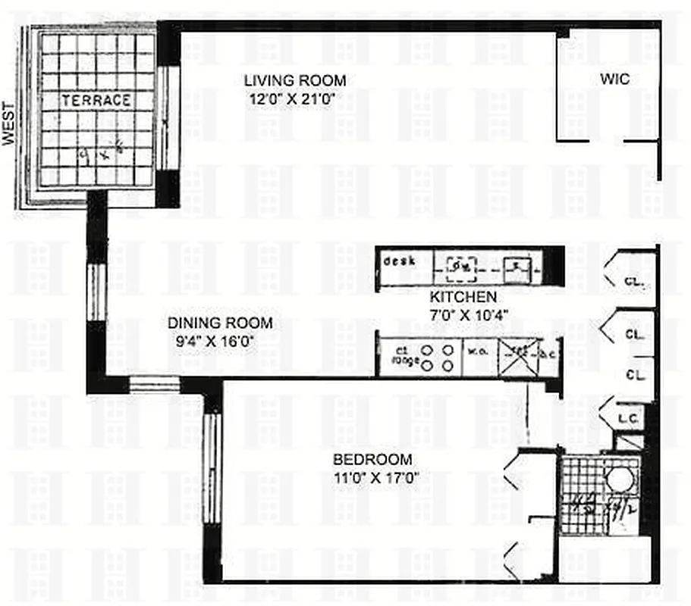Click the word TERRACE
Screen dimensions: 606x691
click(96, 100)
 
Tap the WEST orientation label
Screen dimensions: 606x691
click(9, 123)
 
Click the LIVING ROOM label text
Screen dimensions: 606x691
click(294, 80)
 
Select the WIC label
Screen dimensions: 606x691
click(614, 79)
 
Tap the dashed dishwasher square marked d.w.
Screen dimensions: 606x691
click(460, 266)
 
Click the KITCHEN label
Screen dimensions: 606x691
click(463, 297)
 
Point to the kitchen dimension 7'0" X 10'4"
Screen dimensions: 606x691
click(468, 314)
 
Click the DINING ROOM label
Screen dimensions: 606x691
click(220, 323)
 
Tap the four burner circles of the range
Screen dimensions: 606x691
click(438, 358)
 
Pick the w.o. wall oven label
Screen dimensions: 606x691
click(478, 351)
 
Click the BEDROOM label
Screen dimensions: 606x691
click(373, 459)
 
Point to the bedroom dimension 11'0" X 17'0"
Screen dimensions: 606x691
click(376, 476)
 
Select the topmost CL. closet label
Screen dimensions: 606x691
click(634, 281)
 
